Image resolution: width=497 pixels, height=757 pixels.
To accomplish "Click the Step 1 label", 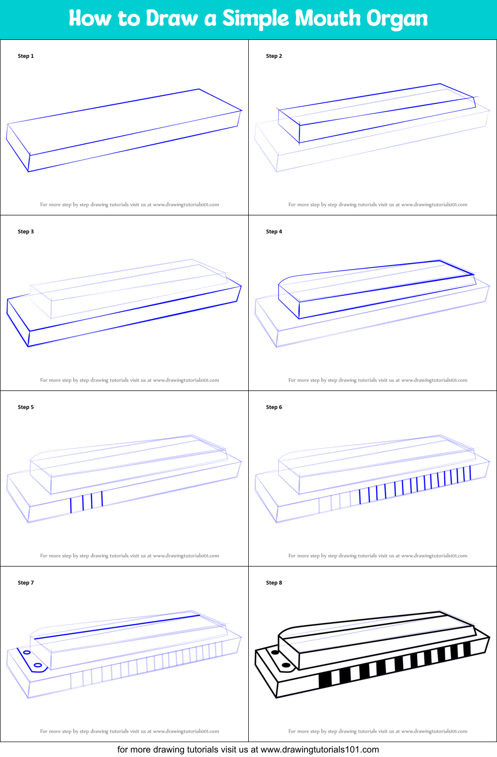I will pyautogui.click(x=26, y=56).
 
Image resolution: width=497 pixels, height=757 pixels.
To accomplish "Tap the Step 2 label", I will pyautogui.click(x=274, y=56).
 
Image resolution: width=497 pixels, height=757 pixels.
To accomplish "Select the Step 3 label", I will pyautogui.click(x=26, y=232).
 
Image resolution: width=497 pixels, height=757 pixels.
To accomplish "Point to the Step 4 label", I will pyautogui.click(x=274, y=232).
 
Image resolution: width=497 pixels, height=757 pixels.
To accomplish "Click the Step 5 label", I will pyautogui.click(x=26, y=407).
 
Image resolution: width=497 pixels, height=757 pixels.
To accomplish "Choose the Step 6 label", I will pyautogui.click(x=274, y=407).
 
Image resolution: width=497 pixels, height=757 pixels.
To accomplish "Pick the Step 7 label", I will pyautogui.click(x=26, y=583).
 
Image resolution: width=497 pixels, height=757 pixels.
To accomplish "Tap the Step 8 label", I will pyautogui.click(x=274, y=583).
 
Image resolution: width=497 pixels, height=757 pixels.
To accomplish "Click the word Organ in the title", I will pyautogui.click(x=397, y=19).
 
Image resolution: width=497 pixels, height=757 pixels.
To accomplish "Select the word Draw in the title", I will pyautogui.click(x=173, y=18).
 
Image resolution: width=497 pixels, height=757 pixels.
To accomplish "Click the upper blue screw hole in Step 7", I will pyautogui.click(x=27, y=652).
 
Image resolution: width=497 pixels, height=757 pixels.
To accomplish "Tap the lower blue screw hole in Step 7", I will pyautogui.click(x=38, y=665).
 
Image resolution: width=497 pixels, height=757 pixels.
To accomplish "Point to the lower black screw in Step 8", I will pyautogui.click(x=286, y=665).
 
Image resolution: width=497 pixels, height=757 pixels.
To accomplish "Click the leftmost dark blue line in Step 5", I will pyautogui.click(x=71, y=505).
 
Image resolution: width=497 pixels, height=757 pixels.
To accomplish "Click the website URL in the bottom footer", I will pyautogui.click(x=319, y=750).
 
